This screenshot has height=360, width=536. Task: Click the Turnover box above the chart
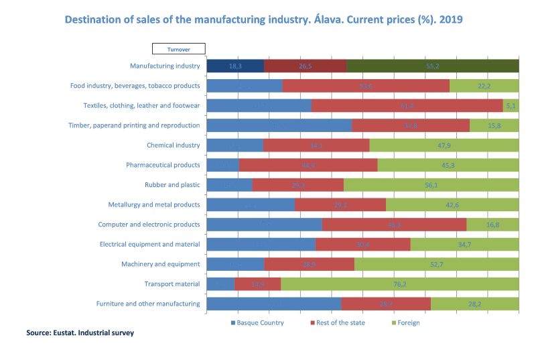pyautogui.click(x=178, y=48)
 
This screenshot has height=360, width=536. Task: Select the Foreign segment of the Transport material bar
pyautogui.click(x=399, y=284)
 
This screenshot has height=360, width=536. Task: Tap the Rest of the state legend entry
pyautogui.click(x=338, y=323)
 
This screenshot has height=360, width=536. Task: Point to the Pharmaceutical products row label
pyautogui.click(x=163, y=165)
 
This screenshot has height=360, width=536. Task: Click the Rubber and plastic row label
pyautogui.click(x=172, y=185)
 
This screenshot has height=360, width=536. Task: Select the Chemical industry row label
pyautogui.click(x=174, y=145)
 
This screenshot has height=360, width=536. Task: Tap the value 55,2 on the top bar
pyautogui.click(x=433, y=66)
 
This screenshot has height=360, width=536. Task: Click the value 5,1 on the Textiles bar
pyautogui.click(x=511, y=106)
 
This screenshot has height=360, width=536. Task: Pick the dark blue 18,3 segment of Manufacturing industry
pyautogui.click(x=235, y=66)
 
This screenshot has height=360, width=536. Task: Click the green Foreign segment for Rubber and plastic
pyautogui.click(x=431, y=185)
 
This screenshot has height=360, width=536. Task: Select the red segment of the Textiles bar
pyautogui.click(x=407, y=106)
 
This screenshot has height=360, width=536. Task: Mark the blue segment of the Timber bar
pyautogui.click(x=279, y=125)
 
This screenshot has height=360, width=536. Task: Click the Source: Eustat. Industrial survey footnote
pyautogui.click(x=80, y=333)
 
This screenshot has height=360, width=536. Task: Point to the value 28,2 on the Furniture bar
pyautogui.click(x=474, y=304)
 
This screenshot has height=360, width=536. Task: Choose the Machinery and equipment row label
pyautogui.click(x=161, y=264)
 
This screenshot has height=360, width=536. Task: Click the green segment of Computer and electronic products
pyautogui.click(x=492, y=225)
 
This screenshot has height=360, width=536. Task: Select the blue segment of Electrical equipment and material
pyautogui.click(x=261, y=245)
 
